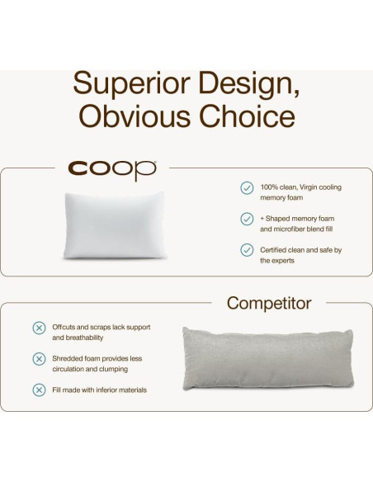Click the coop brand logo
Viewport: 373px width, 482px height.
(x=112, y=170)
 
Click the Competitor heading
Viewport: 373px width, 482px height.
(x=269, y=303)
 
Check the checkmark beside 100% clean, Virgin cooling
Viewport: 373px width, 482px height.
(x=247, y=187)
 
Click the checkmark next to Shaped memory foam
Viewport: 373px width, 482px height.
(x=247, y=219)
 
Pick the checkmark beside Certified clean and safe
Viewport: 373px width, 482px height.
(x=247, y=249)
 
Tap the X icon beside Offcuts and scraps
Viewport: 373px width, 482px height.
(x=39, y=328)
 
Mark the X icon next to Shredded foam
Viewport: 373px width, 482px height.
(x=39, y=359)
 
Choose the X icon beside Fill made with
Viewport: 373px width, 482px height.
(x=39, y=390)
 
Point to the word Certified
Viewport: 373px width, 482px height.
(x=275, y=249)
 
